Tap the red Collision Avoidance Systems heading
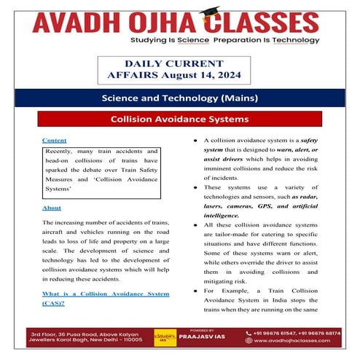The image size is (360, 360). point(179,118)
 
